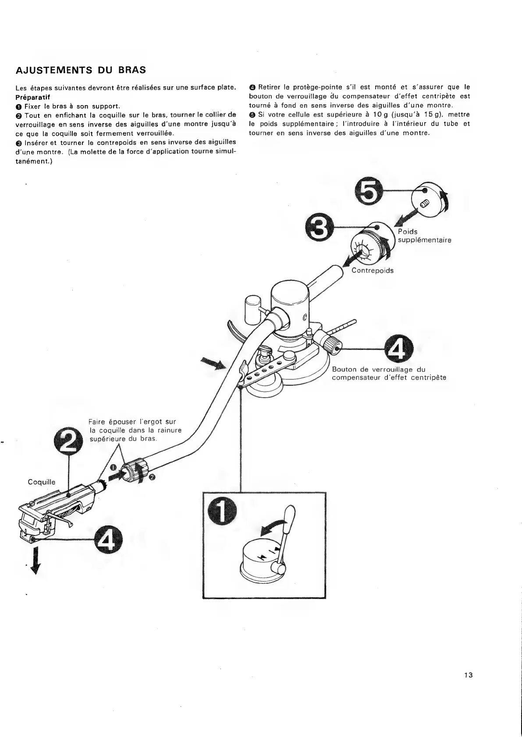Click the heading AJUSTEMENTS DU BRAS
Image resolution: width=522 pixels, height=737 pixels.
81,70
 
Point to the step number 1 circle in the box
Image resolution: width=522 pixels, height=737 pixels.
222,511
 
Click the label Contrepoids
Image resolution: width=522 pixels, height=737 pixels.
373,271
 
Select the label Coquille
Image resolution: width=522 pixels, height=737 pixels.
42,482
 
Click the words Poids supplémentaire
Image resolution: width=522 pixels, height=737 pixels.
424,236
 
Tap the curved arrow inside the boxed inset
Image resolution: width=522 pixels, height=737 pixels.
272,526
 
